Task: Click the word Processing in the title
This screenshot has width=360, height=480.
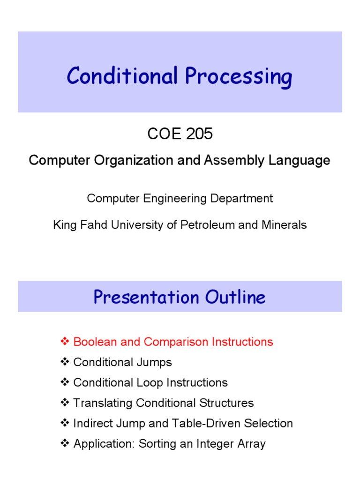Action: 238,77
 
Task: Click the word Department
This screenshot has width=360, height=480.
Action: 243,198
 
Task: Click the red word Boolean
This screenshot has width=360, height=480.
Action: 93,342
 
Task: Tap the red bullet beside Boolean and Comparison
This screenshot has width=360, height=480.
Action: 65,342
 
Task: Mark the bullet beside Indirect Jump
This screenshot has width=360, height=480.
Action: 65,423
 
